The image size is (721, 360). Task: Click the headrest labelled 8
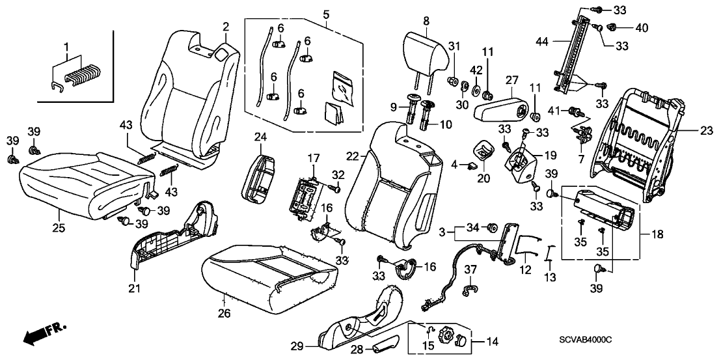(x=427, y=49)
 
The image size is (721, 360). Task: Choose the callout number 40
(x=642, y=28)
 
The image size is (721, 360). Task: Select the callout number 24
(x=260, y=137)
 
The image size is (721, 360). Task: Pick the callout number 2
(x=226, y=27)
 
